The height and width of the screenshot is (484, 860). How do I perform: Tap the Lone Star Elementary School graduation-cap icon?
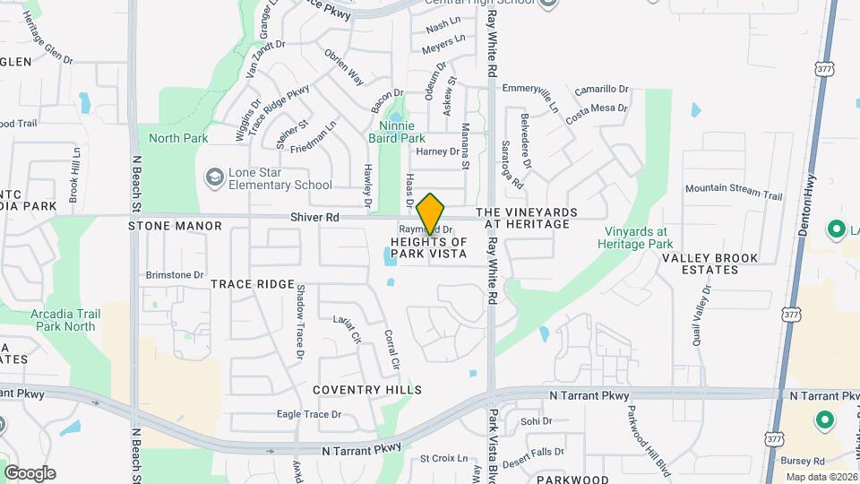coord(215,177)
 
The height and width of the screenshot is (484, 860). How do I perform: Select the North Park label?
coord(178,138)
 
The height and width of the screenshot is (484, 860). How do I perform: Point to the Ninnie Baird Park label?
coord(397,132)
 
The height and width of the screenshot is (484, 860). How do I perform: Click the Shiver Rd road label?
coord(314,217)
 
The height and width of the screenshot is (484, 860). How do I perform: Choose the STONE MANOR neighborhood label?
coord(175,226)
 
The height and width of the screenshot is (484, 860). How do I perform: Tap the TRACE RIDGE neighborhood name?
coord(253,284)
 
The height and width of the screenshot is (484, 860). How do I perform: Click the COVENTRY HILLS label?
coord(367,390)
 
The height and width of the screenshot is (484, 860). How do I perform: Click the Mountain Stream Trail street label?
coord(734,191)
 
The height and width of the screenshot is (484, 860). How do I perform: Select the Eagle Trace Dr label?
coord(309,413)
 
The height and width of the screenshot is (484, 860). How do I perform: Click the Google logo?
coord(30,473)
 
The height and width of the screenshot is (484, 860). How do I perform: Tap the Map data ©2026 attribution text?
coord(821,477)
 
